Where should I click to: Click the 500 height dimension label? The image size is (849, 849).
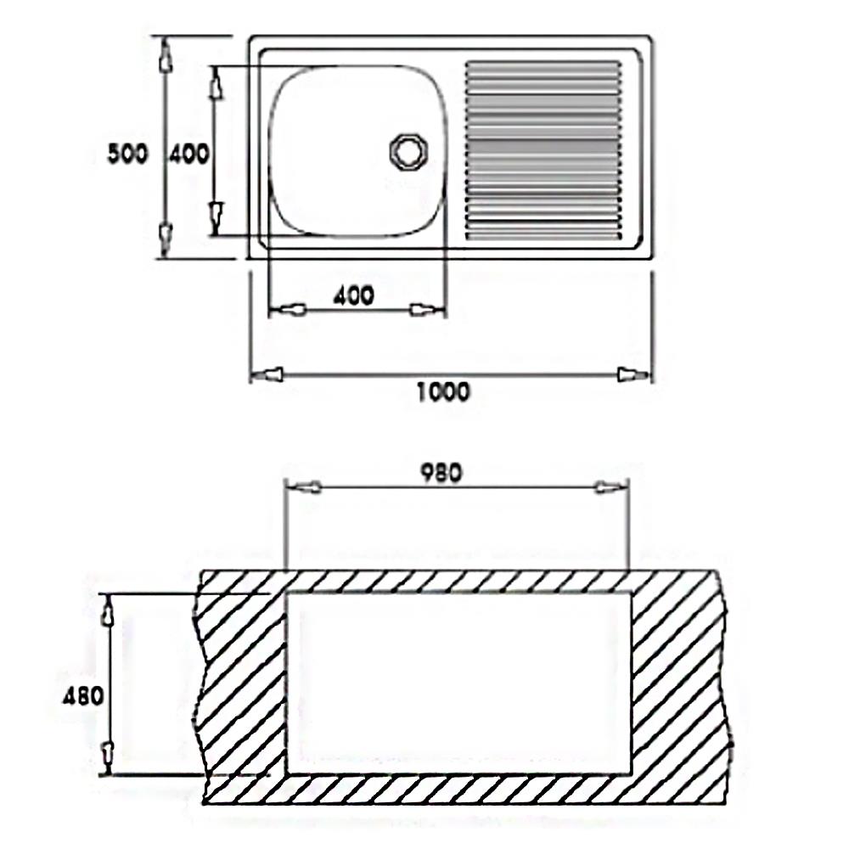(128, 154)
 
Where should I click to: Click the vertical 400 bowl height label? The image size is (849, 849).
(188, 155)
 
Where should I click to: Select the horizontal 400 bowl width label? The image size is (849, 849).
(353, 295)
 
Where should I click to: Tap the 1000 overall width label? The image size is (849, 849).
(443, 391)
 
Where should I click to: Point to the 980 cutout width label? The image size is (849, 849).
(441, 473)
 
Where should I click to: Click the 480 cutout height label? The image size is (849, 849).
(83, 696)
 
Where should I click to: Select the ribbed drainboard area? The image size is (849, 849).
(543, 150)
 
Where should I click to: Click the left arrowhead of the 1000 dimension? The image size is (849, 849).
(267, 374)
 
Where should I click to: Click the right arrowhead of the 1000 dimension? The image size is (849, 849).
(634, 374)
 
